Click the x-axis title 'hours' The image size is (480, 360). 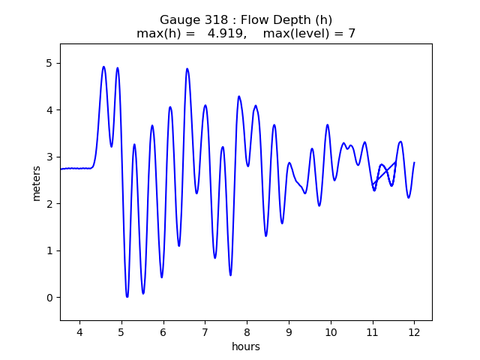click(246, 346)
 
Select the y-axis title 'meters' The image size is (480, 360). click(37, 182)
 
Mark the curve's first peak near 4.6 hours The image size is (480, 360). click(103, 67)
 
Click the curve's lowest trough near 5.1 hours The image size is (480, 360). click(127, 296)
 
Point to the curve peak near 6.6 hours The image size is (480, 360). click(187, 69)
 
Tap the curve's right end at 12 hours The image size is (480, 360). click(414, 163)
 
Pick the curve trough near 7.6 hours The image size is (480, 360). click(230, 275)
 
